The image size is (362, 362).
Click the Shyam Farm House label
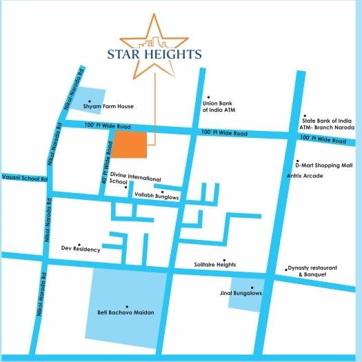coord(108,107)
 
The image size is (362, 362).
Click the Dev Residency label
coord(81,249)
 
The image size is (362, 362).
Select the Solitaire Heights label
coord(216,265)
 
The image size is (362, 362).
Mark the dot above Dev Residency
coord(80,243)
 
